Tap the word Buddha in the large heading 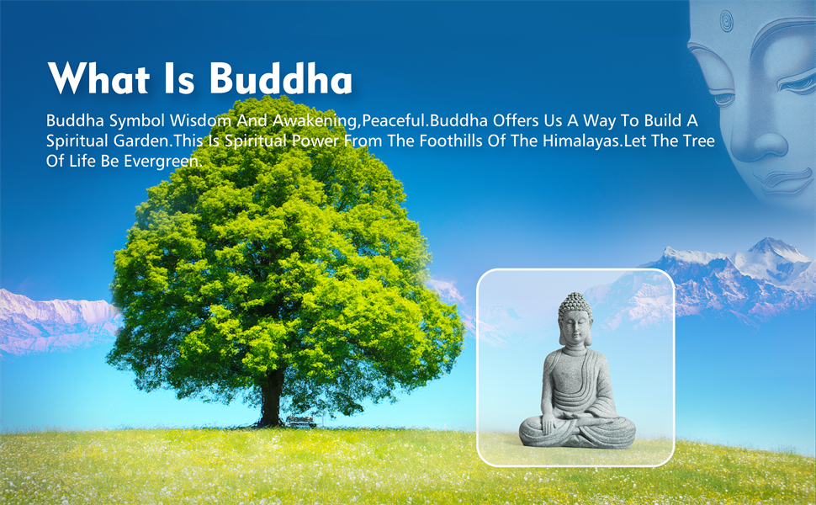click(280, 80)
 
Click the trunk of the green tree click(272, 400)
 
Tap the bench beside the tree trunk click(300, 420)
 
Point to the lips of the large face click(778, 178)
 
